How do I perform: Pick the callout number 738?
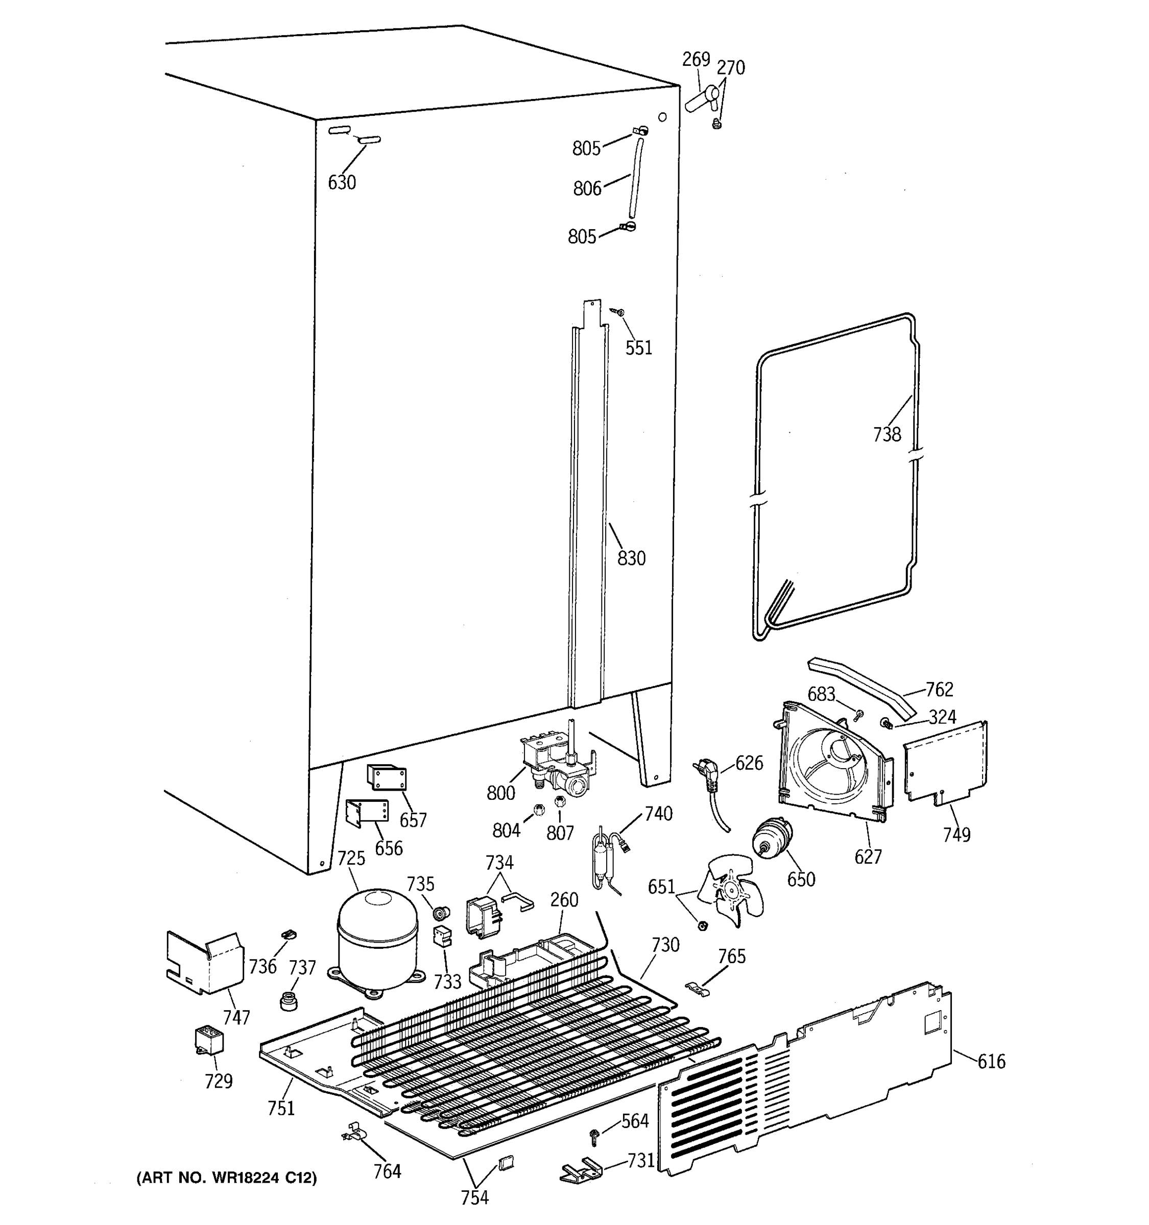point(887,435)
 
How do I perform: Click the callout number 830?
point(631,558)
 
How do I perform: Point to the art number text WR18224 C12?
point(226,1178)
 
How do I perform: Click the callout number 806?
point(587,188)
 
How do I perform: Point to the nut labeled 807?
point(560,802)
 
